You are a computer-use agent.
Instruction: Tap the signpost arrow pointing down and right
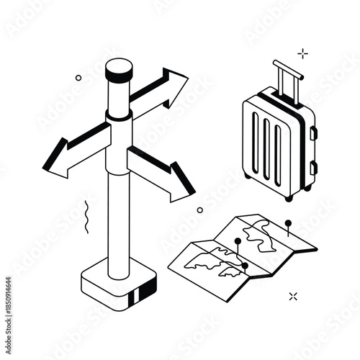pyautogui.click(x=166, y=173)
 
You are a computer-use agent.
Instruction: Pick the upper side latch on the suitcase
pyautogui.click(x=312, y=133)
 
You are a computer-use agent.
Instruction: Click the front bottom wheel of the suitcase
pyautogui.click(x=289, y=197)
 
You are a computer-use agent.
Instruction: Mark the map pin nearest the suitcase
pyautogui.click(x=288, y=224)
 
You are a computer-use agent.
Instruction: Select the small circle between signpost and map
pyautogui.click(x=199, y=210)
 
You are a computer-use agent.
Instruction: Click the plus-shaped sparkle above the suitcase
pyautogui.click(x=302, y=53)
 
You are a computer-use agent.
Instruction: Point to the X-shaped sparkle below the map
pyautogui.click(x=293, y=296)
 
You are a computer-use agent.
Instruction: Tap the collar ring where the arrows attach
pyautogui.click(x=118, y=117)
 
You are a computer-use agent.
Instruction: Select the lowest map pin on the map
pyautogui.click(x=245, y=266)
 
